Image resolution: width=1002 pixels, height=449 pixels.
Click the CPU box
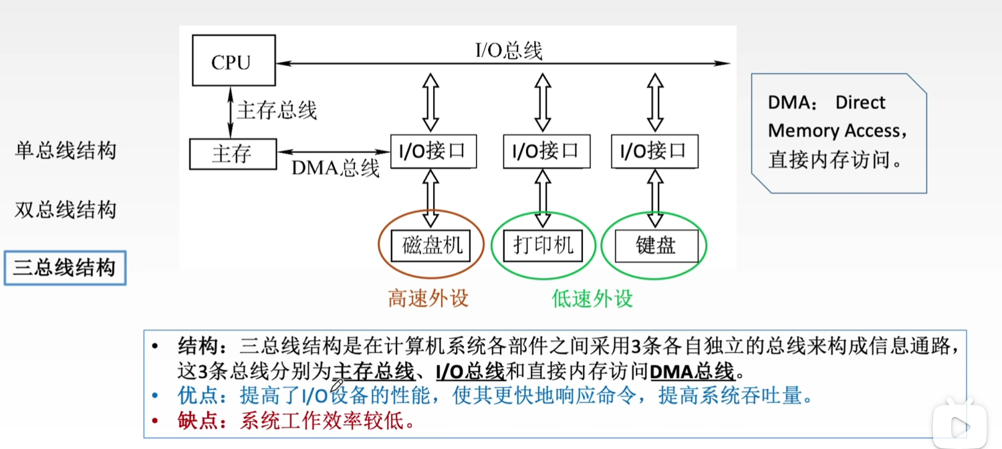[x=231, y=62]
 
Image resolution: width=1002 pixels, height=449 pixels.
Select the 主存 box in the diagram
[x=231, y=154]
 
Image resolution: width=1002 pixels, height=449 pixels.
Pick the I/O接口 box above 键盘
[x=654, y=151]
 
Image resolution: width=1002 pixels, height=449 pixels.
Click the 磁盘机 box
[x=432, y=245]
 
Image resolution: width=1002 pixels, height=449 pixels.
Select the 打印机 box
[x=543, y=245]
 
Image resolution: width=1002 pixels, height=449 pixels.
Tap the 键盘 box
[x=656, y=246]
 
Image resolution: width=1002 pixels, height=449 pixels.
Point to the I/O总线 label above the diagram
[x=509, y=50]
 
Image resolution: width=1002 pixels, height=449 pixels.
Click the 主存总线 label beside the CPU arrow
[x=277, y=110]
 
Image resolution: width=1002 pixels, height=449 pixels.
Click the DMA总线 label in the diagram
[x=336, y=168]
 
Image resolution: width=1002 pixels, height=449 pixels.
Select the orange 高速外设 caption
[x=428, y=298]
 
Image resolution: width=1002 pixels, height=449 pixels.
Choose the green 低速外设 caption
[x=592, y=298]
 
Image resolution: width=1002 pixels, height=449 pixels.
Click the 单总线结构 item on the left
[x=66, y=150]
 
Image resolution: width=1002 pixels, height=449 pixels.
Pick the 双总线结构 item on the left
[x=66, y=210]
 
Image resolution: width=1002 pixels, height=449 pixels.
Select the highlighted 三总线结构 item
[x=65, y=268]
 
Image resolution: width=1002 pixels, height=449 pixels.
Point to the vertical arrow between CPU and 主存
[x=231, y=110]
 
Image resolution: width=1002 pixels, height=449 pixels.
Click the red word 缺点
[x=198, y=421]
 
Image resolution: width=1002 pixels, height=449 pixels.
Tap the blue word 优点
[x=198, y=396]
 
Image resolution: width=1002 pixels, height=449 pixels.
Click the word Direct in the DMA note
[x=860, y=103]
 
